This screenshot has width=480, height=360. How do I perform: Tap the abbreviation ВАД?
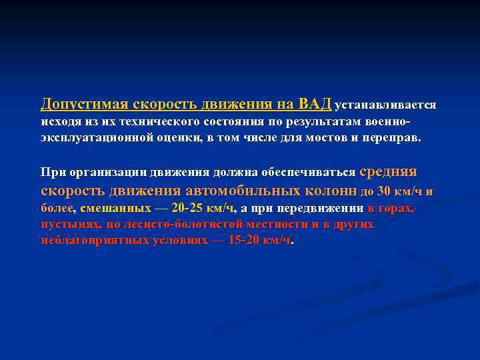pyautogui.click(x=315, y=104)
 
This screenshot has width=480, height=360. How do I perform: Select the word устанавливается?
pyautogui.click(x=385, y=105)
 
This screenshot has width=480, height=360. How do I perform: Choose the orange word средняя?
pyautogui.click(x=388, y=171)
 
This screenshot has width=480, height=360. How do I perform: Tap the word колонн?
pyautogui.click(x=332, y=191)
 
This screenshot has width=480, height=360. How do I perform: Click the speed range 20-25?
pyautogui.click(x=189, y=208)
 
